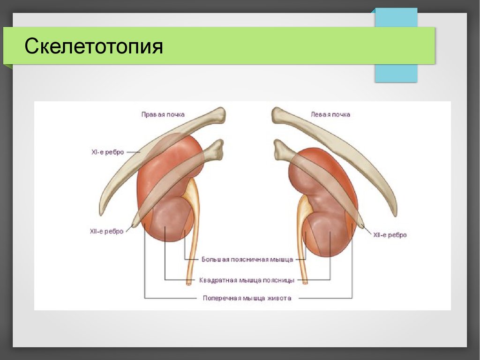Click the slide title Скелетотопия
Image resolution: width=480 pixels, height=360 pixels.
point(94,46)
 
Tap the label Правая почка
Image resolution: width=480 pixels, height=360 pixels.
point(163,114)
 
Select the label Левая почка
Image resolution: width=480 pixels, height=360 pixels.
point(330,114)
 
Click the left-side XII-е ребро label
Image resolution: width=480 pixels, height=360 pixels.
point(106,231)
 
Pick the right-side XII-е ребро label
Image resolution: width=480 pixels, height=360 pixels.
point(390,235)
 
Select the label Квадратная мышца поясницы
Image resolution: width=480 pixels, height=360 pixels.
point(247,280)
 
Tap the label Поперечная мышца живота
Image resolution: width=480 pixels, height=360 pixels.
point(247,298)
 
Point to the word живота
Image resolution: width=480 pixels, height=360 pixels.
point(279,298)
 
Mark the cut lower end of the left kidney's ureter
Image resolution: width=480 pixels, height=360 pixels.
point(304,283)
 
